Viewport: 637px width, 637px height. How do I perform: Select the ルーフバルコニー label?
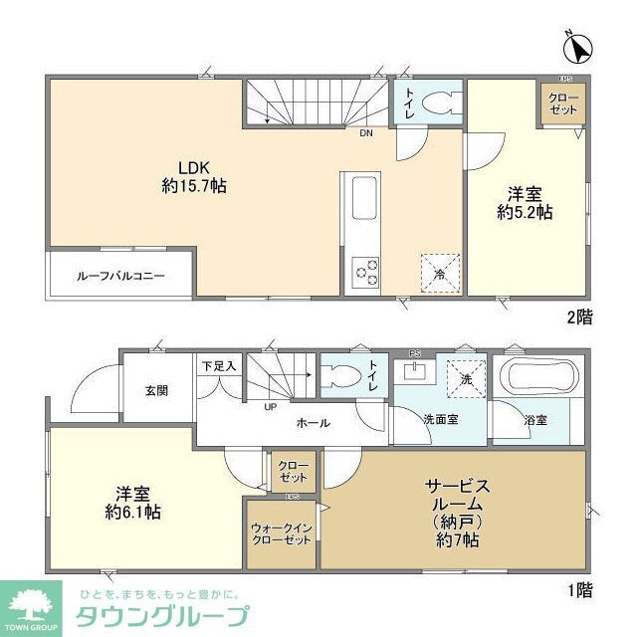tap(120, 274)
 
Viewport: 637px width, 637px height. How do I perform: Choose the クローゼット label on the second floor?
tap(564, 102)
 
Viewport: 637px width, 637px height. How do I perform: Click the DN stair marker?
tap(366, 132)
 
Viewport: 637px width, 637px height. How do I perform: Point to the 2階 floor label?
tap(579, 318)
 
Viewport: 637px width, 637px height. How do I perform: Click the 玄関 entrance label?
tap(156, 389)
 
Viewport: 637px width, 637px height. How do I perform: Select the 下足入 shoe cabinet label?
tap(219, 365)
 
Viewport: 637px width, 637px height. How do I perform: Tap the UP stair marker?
tap(271, 406)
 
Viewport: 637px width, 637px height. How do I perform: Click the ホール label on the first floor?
tap(313, 423)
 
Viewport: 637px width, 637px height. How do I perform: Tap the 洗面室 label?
tap(438, 419)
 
